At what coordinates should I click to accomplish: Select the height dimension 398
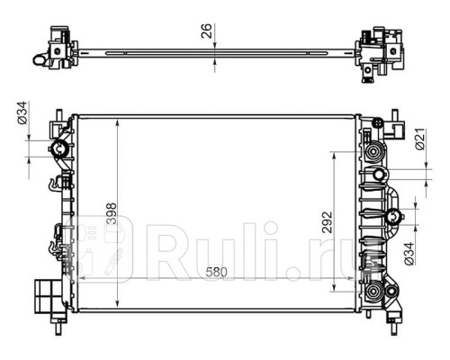108,212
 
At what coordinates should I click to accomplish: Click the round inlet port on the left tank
59,149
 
